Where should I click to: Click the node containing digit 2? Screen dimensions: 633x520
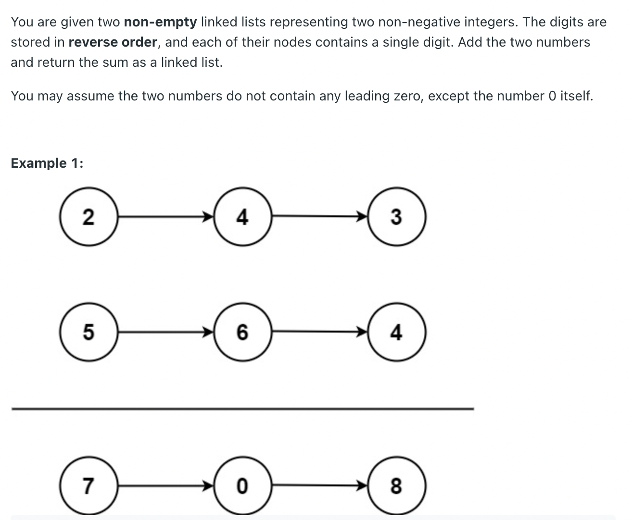click(x=89, y=217)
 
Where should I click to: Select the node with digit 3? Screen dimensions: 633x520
click(x=396, y=217)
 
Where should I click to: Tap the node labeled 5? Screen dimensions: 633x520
click(x=89, y=332)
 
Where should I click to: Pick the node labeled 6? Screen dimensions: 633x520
click(x=242, y=332)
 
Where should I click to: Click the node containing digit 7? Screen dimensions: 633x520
click(x=89, y=486)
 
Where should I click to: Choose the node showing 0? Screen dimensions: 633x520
click(x=242, y=486)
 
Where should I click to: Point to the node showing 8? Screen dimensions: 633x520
click(x=396, y=486)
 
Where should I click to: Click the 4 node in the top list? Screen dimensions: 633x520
click(x=242, y=217)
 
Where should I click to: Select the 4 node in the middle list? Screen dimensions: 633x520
click(x=396, y=332)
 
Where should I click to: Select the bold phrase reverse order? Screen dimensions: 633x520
click(x=113, y=42)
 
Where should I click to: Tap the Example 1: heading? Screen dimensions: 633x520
click(x=47, y=163)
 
